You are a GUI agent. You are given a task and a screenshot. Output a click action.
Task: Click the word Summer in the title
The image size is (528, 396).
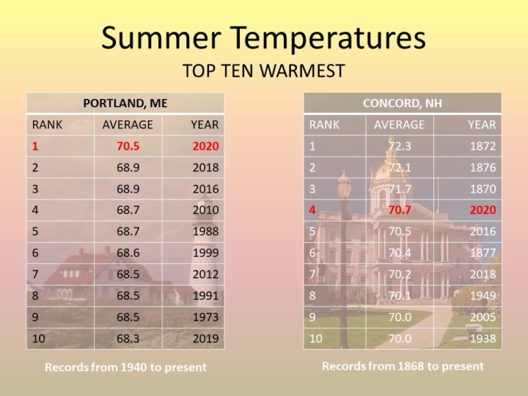[x=162, y=37]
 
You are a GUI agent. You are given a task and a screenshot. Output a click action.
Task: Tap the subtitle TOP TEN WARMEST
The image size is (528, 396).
[x=264, y=71]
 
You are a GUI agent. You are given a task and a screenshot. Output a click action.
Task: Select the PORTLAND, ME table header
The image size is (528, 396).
[x=125, y=103]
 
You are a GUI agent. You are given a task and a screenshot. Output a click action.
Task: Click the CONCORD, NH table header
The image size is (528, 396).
[x=402, y=103]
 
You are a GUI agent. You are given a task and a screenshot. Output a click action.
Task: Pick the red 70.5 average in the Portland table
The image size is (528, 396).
[x=128, y=146]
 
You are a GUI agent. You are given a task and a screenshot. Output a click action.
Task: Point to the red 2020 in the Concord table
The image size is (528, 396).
[x=483, y=210]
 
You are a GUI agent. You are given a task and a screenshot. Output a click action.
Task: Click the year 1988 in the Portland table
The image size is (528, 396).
[x=206, y=231]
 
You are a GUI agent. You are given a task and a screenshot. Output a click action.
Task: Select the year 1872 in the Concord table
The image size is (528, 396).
[x=483, y=146]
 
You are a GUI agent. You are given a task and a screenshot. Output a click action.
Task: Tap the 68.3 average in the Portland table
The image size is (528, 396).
[x=128, y=338]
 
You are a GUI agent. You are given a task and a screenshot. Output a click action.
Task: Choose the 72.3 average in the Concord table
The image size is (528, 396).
[x=399, y=146]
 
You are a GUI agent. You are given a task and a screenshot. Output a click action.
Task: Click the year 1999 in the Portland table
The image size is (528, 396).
[x=206, y=252]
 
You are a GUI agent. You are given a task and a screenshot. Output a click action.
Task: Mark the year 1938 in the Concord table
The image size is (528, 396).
[x=483, y=338]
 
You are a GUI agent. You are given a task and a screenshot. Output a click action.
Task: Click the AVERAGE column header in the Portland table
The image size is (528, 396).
[x=128, y=124]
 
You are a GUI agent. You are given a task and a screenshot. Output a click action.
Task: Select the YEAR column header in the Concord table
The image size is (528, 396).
[x=482, y=124]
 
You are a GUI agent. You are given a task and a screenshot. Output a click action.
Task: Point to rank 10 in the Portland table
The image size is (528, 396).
[x=38, y=338]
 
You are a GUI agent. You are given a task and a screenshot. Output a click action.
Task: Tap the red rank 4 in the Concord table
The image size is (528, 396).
[x=313, y=210]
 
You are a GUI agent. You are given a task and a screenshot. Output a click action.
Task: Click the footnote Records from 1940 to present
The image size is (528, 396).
[x=126, y=367]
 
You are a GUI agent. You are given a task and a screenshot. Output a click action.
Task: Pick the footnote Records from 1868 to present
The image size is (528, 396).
[x=403, y=366]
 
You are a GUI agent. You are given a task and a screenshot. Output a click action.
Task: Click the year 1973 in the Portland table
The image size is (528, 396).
[x=206, y=317]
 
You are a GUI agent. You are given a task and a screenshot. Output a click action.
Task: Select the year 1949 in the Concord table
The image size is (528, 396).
[x=483, y=296]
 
